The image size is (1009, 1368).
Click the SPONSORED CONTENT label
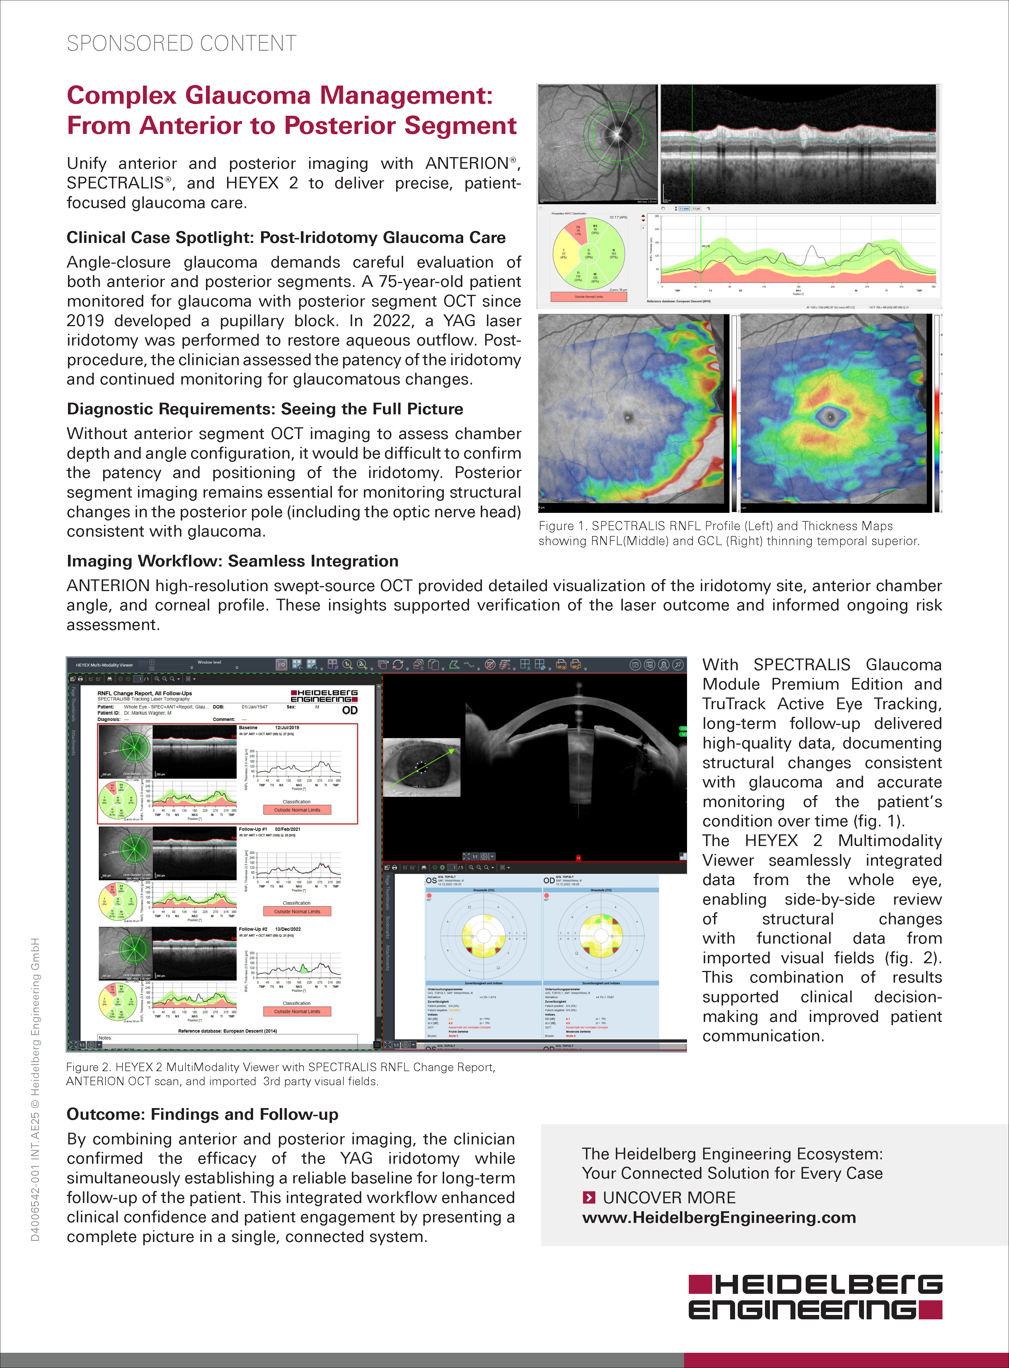181,43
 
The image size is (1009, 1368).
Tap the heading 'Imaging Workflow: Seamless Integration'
232,561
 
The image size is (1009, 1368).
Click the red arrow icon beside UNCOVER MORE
589,1197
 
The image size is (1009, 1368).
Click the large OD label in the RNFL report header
349,710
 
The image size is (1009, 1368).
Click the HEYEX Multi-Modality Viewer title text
104,665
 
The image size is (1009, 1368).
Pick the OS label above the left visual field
431,880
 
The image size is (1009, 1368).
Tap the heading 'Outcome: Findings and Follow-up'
202,1114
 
